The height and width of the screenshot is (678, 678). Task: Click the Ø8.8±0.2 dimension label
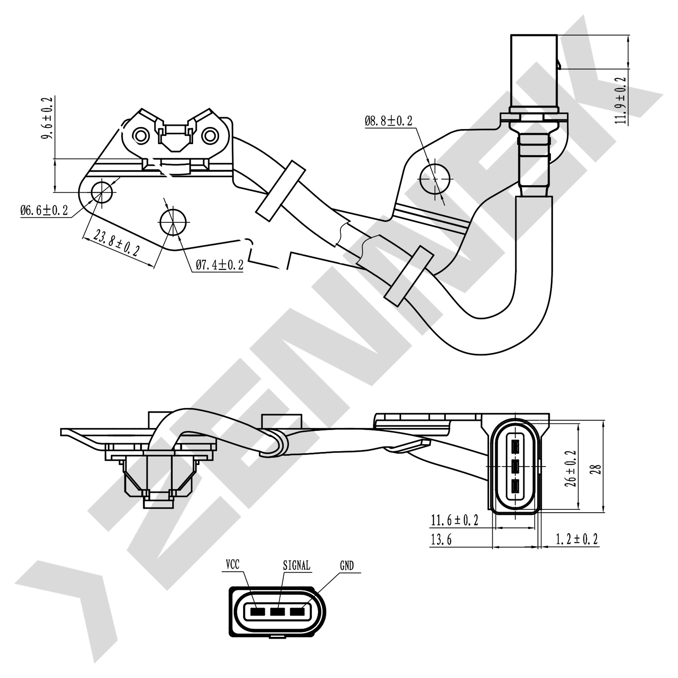coord(389,121)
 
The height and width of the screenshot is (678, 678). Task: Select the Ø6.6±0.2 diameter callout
coord(44,210)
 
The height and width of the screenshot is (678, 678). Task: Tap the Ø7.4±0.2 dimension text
coord(219,265)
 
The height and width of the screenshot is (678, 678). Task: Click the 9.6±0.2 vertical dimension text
coord(47,118)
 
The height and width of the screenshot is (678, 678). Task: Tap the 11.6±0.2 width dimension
coord(454,520)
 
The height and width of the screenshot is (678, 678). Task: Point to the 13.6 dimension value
coord(441,540)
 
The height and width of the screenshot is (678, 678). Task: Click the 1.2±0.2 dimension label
coord(576,539)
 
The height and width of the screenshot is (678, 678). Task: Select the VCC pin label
coord(232,565)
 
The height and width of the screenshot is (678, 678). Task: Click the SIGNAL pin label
coord(297,565)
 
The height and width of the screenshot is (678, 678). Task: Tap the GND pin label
coord(347,565)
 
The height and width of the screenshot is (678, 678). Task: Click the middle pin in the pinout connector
coord(277,612)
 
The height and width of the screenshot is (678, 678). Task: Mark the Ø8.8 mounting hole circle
coord(435,179)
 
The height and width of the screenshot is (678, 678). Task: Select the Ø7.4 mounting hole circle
coord(173,221)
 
